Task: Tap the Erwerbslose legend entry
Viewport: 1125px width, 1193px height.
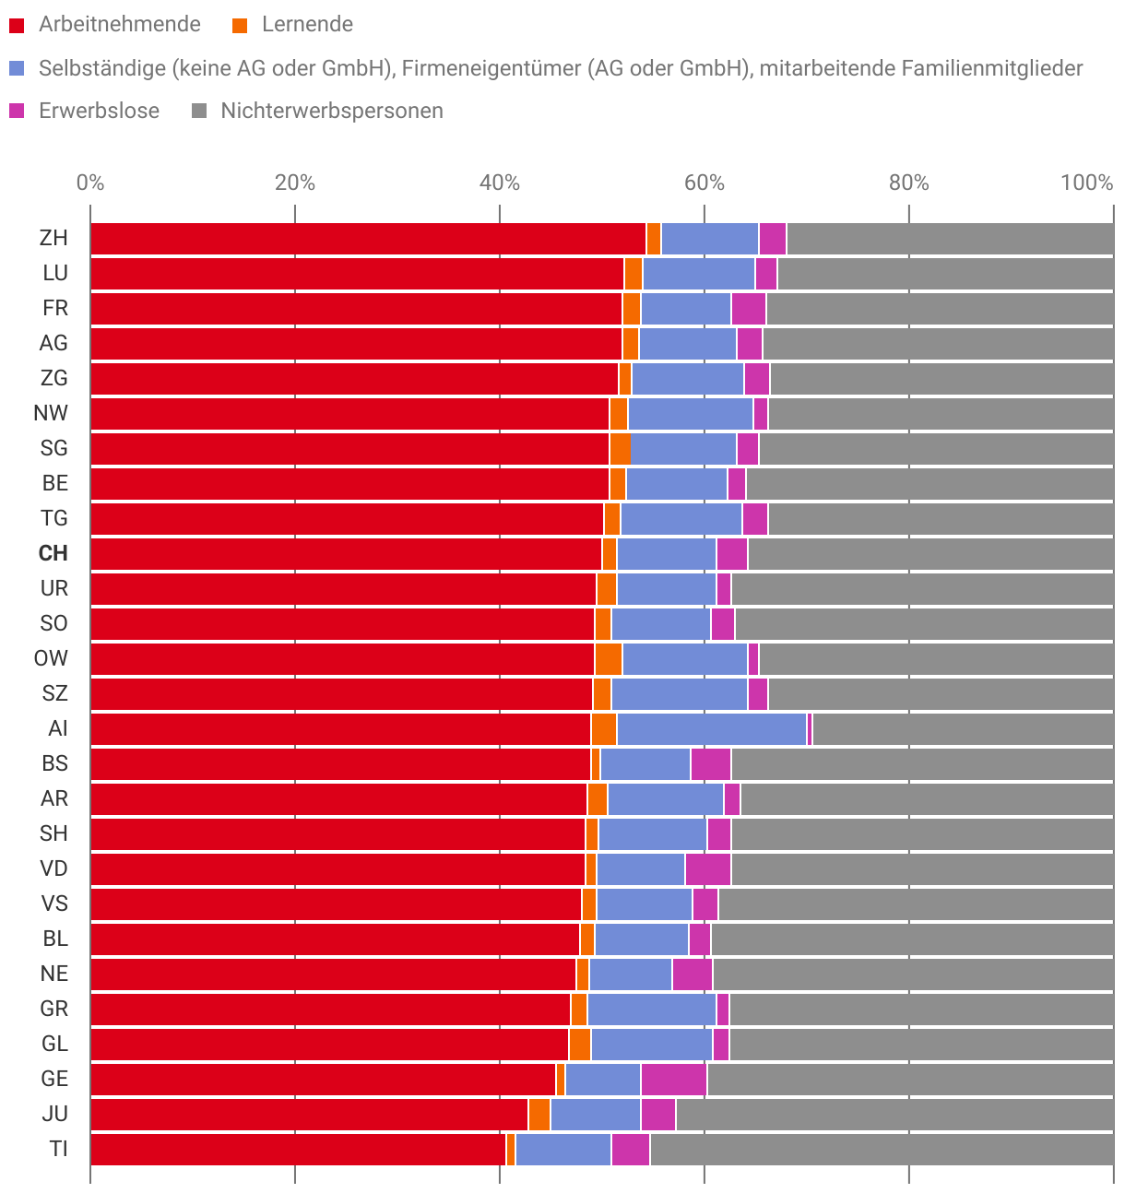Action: click(x=99, y=112)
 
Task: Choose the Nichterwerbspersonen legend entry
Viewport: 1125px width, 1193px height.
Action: click(x=332, y=112)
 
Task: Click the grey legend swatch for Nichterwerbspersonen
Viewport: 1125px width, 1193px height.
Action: click(x=198, y=112)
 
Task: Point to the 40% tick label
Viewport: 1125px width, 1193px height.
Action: click(x=499, y=183)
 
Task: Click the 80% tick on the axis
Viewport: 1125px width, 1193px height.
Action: click(x=908, y=183)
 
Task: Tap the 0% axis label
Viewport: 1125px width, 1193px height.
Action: click(x=90, y=183)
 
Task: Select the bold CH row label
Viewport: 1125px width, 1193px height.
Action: click(x=53, y=553)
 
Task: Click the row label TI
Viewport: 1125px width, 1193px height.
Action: click(x=58, y=1149)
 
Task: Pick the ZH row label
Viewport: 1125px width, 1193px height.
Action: click(x=53, y=238)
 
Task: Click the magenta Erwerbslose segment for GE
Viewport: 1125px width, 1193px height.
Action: click(x=673, y=1079)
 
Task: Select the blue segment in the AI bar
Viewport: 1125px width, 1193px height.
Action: click(x=711, y=728)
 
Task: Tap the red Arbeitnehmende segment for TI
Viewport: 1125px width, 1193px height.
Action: click(x=298, y=1149)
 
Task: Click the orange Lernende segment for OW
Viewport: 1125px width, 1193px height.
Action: click(x=609, y=658)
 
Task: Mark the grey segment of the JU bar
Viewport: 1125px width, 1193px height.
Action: click(x=894, y=1114)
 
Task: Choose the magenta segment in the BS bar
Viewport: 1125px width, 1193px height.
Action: click(x=710, y=763)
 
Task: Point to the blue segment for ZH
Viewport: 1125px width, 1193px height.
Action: click(x=709, y=238)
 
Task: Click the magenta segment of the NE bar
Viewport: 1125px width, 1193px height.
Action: click(x=692, y=974)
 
